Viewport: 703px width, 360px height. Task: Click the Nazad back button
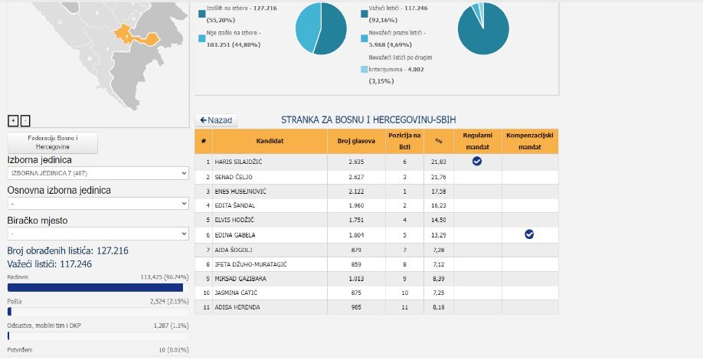coord(217,120)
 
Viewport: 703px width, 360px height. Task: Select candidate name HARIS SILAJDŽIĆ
coord(238,162)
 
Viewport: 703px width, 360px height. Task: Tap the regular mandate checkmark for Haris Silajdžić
coord(476,161)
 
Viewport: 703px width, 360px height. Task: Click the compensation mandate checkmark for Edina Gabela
coord(529,234)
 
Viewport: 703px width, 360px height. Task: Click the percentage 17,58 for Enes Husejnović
coord(438,191)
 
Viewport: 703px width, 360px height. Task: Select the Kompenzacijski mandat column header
coord(530,141)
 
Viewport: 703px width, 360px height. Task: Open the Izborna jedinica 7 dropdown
coord(97,174)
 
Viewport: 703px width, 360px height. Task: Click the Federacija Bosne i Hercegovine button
coord(53,142)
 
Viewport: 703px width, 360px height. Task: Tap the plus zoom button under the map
coord(13,120)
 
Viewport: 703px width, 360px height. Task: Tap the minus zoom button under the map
coord(25,120)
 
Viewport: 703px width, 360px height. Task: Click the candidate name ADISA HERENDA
coord(237,307)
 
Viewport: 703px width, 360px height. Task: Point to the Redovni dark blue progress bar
coord(95,287)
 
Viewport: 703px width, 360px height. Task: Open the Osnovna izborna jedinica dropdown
coord(97,204)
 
